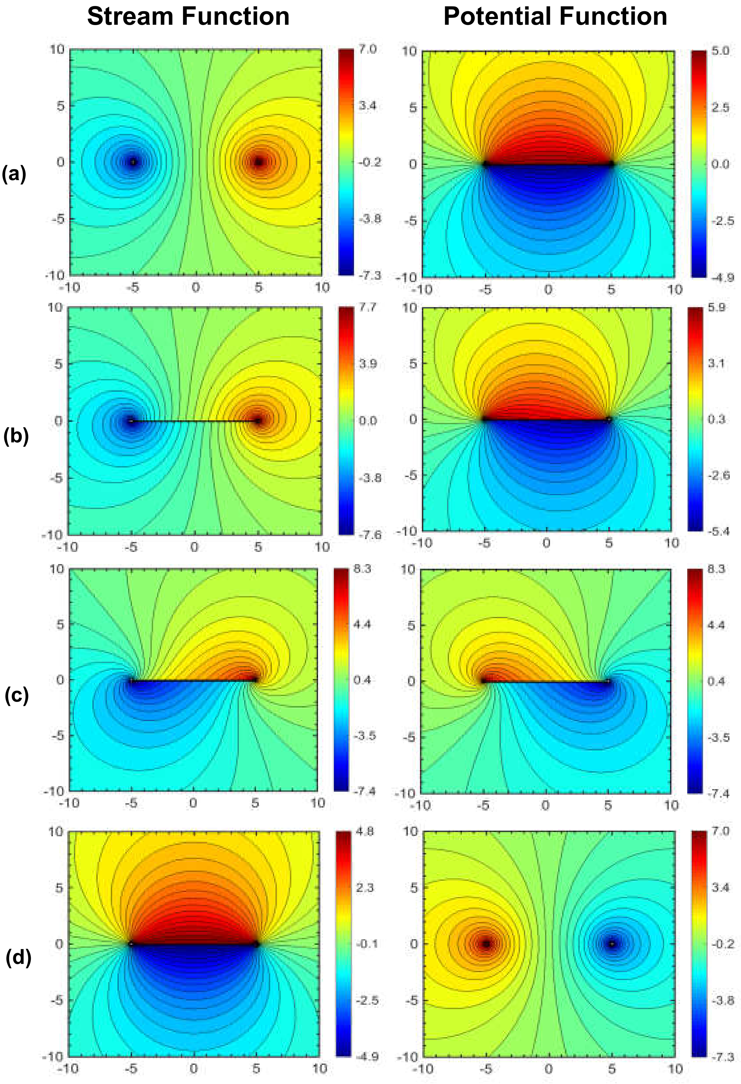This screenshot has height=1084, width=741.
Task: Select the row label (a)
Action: click(14, 174)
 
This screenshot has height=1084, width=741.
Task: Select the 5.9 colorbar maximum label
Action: click(716, 307)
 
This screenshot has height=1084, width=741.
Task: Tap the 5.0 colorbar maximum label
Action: click(720, 50)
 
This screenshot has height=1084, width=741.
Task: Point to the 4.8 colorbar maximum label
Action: click(365, 831)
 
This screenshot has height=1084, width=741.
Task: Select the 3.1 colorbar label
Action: click(716, 363)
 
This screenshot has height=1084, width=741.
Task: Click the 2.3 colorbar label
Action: click(365, 887)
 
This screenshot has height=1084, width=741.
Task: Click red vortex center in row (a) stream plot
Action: click(259, 162)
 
